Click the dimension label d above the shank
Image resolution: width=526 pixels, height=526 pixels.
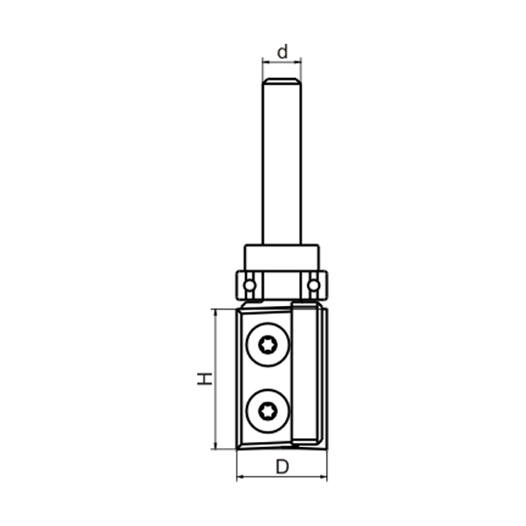tap(282, 52)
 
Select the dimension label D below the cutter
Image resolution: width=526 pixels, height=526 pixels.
tap(282, 467)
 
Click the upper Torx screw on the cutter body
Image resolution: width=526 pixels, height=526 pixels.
tap(268, 346)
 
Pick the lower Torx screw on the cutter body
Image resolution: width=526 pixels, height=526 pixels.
tap(268, 410)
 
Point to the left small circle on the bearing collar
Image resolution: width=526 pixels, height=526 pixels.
tap(249, 285)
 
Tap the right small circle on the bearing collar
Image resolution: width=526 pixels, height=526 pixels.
tap(313, 285)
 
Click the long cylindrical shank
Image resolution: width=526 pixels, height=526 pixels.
tap(282, 165)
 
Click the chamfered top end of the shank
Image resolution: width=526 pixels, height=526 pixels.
tap(282, 82)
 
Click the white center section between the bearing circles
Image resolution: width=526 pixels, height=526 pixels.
tap(282, 284)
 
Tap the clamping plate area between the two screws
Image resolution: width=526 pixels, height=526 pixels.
tap(267, 378)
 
